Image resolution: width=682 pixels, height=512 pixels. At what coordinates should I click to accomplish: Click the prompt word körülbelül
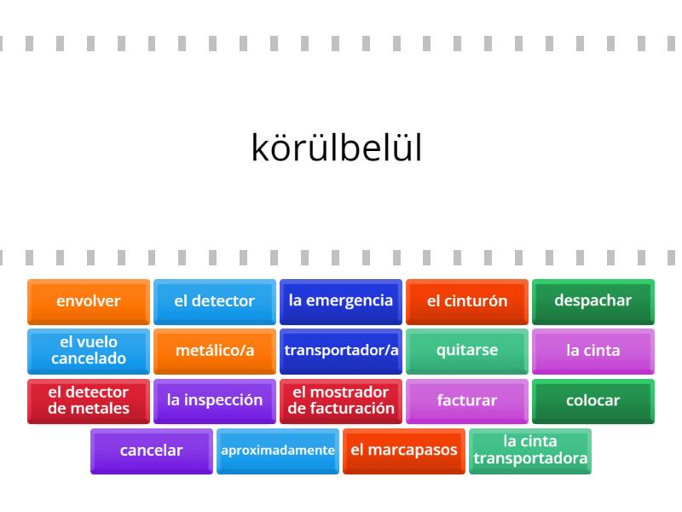[337, 148]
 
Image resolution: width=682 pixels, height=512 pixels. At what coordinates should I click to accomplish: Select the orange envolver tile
[89, 302]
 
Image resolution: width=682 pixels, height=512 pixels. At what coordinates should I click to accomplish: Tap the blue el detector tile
[215, 302]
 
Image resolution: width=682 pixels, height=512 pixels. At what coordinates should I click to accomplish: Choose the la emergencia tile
[341, 302]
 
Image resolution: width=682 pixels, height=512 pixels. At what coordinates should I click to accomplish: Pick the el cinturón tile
[467, 302]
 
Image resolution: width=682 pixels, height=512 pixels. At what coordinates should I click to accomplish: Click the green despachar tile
[593, 302]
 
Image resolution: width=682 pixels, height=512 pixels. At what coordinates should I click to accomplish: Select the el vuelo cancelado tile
[89, 352]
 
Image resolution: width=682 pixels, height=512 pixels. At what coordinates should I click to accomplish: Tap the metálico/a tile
[215, 352]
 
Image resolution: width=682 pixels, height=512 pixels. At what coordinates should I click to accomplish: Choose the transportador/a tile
[341, 352]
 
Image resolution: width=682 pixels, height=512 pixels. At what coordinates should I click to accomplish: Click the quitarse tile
[467, 352]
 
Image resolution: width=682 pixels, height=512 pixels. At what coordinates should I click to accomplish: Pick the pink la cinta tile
[593, 352]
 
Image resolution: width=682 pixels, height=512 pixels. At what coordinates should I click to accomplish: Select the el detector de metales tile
[89, 401]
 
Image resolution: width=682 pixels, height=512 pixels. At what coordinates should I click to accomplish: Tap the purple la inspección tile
[215, 401]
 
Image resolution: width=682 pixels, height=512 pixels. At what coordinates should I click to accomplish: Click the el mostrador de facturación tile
[341, 401]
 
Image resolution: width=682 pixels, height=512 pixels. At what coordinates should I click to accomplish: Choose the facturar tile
[467, 401]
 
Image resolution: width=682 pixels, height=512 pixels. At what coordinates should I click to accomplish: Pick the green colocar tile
[593, 401]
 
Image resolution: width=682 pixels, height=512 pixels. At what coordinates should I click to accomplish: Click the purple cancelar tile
[152, 451]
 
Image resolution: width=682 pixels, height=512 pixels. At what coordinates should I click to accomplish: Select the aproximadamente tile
[278, 451]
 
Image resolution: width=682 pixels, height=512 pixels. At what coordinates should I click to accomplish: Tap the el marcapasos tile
[404, 451]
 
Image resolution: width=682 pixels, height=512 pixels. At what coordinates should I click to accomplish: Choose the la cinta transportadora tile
[530, 451]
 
